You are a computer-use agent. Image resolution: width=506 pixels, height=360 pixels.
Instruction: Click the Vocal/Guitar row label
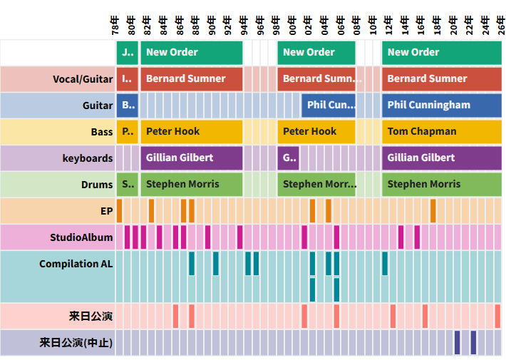[83, 78]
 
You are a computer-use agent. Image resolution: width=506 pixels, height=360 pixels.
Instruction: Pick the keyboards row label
[87, 158]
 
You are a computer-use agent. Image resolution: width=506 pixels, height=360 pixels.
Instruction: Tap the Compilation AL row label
[76, 264]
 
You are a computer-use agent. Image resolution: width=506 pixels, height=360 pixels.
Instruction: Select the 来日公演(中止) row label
[76, 343]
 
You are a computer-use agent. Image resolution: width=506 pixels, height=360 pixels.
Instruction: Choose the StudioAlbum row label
[81, 237]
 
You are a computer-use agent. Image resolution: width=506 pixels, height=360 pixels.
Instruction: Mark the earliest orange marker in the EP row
[119, 211]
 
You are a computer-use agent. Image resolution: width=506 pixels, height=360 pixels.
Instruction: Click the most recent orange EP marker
[433, 211]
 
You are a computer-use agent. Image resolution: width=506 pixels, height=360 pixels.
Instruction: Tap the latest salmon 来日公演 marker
[497, 316]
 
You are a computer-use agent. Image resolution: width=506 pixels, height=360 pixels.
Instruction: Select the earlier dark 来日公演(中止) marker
[457, 343]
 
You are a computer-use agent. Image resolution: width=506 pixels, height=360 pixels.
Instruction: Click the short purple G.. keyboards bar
[288, 158]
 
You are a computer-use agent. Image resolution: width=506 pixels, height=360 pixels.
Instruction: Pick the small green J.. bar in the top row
[127, 52]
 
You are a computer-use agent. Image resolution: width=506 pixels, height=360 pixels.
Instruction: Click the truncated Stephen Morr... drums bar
[316, 184]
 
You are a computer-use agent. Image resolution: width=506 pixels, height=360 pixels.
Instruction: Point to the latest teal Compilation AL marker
[385, 263]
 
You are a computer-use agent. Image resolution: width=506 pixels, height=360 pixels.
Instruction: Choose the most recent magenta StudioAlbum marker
[417, 237]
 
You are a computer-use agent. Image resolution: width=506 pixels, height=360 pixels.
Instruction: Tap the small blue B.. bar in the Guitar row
[127, 105]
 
